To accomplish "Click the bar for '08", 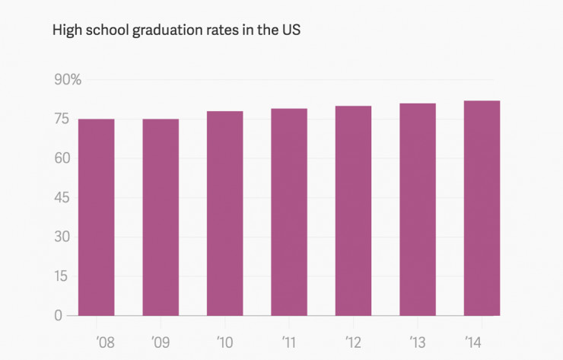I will coord(96,217).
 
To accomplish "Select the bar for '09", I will coord(161,217).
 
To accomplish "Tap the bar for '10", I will coord(224,213).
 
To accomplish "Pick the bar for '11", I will coord(289,212).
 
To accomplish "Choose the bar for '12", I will coord(353,210).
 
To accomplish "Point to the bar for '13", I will coord(418,209).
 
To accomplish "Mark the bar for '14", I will coord(482,208).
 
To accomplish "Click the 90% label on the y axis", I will coord(68,80).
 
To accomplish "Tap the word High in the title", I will coord(65,32).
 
